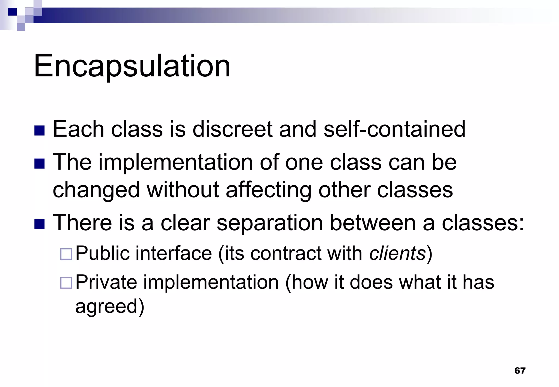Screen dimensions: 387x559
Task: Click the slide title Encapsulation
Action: click(132, 66)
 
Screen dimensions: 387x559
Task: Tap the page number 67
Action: click(520, 370)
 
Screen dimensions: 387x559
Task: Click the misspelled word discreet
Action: click(232, 129)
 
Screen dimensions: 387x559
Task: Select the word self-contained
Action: click(394, 129)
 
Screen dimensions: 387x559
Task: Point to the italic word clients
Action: click(397, 253)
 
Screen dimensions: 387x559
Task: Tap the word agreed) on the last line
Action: click(110, 307)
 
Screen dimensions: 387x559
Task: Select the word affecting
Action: click(269, 190)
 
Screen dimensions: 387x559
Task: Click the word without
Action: click(183, 190)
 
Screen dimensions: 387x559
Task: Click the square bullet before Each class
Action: click(40, 130)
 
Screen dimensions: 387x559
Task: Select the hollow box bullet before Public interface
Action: click(66, 254)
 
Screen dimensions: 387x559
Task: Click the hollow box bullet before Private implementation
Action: click(66, 283)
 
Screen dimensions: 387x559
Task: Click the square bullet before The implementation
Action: click(40, 164)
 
